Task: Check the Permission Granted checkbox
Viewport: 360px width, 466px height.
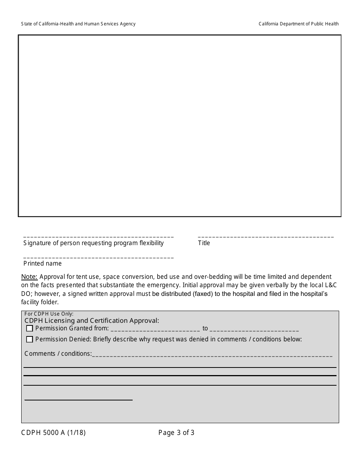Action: (x=30, y=328)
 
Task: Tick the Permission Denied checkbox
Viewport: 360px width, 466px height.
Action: (x=30, y=339)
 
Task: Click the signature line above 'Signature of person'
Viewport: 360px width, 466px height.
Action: (x=99, y=237)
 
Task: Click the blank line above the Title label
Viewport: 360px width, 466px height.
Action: (x=266, y=237)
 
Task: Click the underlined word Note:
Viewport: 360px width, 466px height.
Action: (x=29, y=277)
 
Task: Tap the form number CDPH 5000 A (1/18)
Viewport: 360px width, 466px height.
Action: (x=53, y=433)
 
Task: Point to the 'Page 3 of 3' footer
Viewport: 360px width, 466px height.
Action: (x=176, y=433)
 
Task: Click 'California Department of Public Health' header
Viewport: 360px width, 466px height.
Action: (x=299, y=24)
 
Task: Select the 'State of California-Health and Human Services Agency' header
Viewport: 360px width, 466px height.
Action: (x=78, y=24)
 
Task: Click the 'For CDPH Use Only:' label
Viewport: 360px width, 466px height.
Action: (x=49, y=314)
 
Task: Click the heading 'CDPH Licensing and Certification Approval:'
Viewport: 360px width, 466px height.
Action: (x=92, y=321)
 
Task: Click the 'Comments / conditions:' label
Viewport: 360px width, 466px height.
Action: (x=58, y=354)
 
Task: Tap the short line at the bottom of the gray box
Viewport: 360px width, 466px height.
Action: (x=78, y=400)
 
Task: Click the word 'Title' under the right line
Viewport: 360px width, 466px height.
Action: (x=204, y=243)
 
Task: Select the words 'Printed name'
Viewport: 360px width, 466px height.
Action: (x=42, y=263)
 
